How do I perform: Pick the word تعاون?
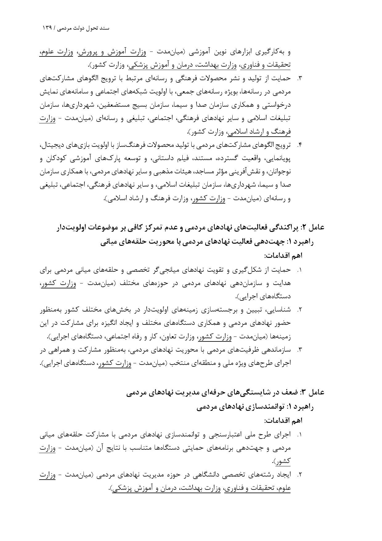tap(178, 337)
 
